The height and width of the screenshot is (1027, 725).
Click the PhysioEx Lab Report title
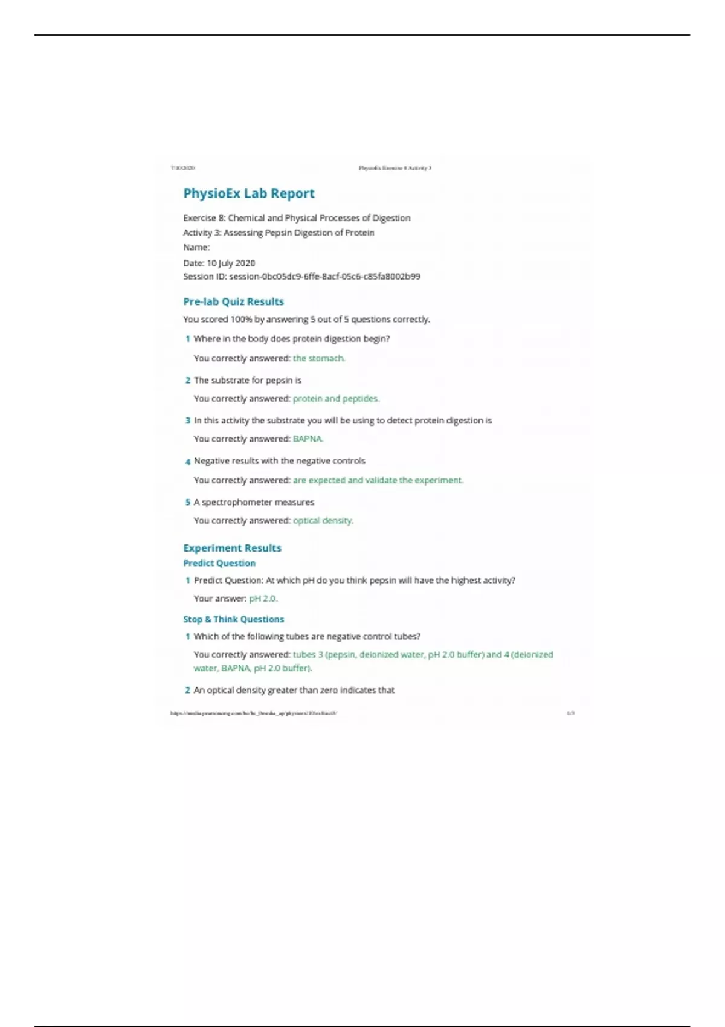pos(249,194)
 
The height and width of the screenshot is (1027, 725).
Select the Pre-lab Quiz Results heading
pos(233,301)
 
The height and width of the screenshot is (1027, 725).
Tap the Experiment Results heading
pos(232,548)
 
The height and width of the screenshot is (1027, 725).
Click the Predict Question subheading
pos(219,563)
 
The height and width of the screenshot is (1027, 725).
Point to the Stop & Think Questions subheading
pos(233,619)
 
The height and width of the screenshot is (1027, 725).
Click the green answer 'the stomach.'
pos(319,358)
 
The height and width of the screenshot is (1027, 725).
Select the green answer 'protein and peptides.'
pos(336,399)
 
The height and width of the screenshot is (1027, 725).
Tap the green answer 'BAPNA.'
pos(308,439)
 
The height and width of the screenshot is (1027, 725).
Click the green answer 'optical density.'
pos(323,521)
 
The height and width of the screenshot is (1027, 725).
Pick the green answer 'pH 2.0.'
pos(263,599)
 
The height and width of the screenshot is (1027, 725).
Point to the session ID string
pos(324,277)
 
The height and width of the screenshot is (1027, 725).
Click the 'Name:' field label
pos(196,247)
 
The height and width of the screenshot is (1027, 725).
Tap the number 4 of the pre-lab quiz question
pos(188,462)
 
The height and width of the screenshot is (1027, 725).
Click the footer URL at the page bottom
pos(254,713)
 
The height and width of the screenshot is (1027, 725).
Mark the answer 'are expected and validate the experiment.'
pos(378,480)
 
